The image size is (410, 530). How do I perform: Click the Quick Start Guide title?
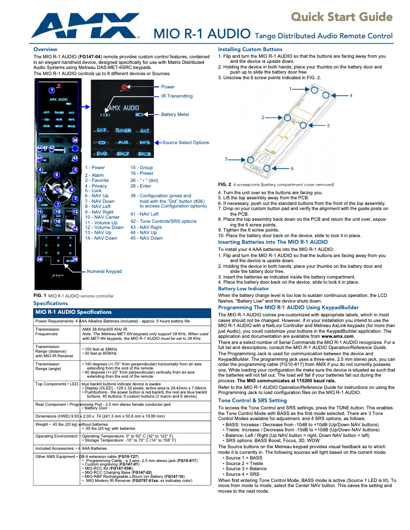(x=341, y=17)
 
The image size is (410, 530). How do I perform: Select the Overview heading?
(x=45, y=49)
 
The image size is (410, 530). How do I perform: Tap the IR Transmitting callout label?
(x=177, y=96)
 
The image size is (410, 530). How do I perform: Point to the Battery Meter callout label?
(x=175, y=114)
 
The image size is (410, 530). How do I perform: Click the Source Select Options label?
(x=186, y=143)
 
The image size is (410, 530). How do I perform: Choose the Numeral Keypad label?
(x=104, y=271)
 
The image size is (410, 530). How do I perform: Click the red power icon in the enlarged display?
(x=124, y=87)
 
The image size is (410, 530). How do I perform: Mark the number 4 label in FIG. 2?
(x=351, y=96)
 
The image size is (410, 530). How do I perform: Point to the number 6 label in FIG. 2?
(x=292, y=168)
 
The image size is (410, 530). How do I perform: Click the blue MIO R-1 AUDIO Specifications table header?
(x=122, y=312)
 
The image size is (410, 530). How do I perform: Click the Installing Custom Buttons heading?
(x=250, y=49)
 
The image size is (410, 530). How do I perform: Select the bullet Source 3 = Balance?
(x=246, y=468)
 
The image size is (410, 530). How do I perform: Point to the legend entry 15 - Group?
(x=142, y=168)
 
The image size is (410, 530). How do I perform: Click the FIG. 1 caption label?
(x=40, y=295)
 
